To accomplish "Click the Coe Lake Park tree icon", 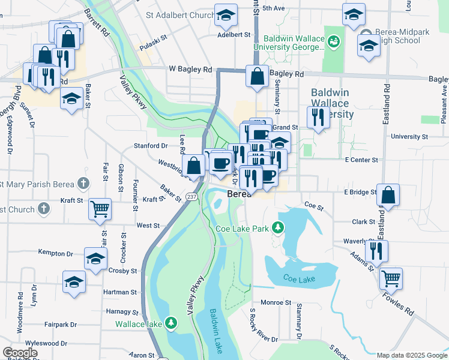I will pyautogui.click(x=277, y=227).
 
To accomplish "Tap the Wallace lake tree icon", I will pyautogui.click(x=172, y=324).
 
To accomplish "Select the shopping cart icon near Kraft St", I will pyautogui.click(x=100, y=209).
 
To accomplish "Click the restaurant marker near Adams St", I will pyautogui.click(x=376, y=250).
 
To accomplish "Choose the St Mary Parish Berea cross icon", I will pyautogui.click(x=83, y=184).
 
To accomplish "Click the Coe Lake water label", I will pyautogui.click(x=299, y=279).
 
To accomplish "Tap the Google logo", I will pyautogui.click(x=20, y=353).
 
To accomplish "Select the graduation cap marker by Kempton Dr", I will pyautogui.click(x=95, y=259).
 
